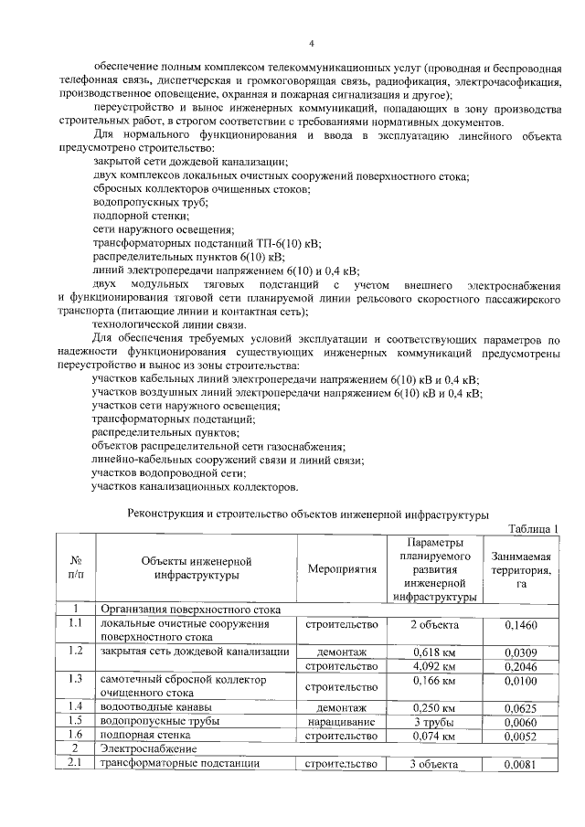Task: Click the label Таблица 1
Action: tap(532, 529)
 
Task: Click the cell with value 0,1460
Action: tap(521, 626)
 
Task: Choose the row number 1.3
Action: tap(76, 679)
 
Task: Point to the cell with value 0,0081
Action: tap(521, 765)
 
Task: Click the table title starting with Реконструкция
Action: tap(309, 514)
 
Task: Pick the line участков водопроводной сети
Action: tap(169, 473)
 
